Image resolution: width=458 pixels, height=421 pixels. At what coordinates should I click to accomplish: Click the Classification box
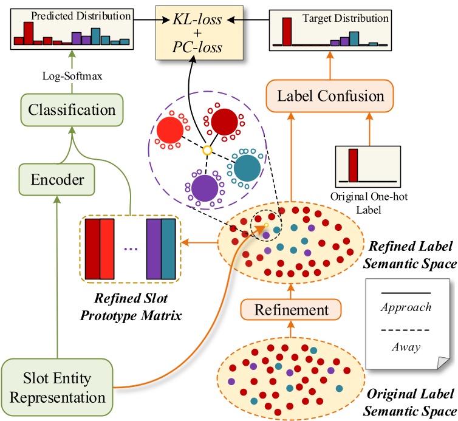click(x=72, y=111)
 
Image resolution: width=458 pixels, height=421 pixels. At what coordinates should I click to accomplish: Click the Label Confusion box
click(x=330, y=95)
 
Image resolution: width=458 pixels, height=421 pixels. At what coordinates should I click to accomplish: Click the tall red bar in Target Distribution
click(x=287, y=31)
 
